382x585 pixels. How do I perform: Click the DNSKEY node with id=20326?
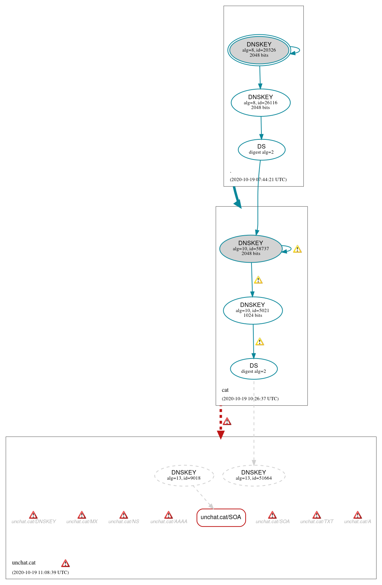tap(259, 50)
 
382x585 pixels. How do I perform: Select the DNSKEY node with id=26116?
tap(260, 102)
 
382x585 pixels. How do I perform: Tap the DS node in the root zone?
tap(261, 149)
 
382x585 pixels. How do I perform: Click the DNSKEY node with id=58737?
tap(250, 248)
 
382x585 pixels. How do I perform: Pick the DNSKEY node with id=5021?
tap(253, 310)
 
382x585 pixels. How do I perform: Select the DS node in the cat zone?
tap(254, 368)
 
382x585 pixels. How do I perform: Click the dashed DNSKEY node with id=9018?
tap(184, 475)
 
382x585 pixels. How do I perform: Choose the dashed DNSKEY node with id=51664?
tap(254, 475)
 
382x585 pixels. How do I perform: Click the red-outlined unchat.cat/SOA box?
tap(221, 517)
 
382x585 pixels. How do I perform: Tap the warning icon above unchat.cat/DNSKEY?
tap(33, 515)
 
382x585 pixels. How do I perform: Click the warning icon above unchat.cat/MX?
tap(82, 515)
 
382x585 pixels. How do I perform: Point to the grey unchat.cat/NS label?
tap(124, 522)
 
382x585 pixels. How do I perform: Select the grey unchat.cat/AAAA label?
tap(169, 522)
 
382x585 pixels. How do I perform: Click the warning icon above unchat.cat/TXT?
tap(317, 515)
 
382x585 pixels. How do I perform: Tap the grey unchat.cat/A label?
tap(358, 522)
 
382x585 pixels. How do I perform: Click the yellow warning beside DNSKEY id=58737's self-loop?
tap(298, 249)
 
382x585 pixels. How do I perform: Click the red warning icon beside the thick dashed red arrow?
tap(227, 421)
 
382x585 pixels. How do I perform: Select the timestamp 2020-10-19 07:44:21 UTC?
tap(258, 180)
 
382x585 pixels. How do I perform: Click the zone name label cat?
tap(225, 390)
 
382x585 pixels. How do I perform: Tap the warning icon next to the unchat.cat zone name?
tap(65, 563)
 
